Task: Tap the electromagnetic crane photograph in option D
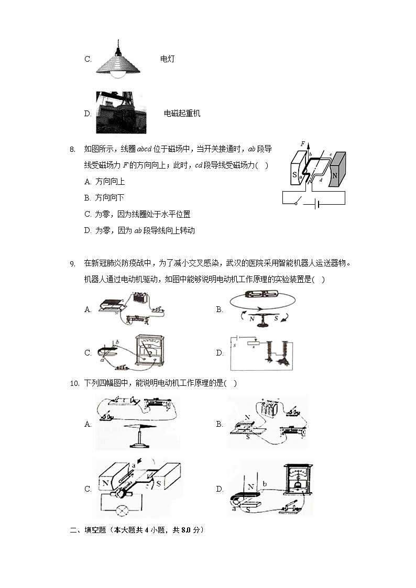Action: click(121, 113)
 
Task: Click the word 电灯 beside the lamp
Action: click(167, 59)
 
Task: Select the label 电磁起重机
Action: click(182, 113)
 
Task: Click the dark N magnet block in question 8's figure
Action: click(335, 169)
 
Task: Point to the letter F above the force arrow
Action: click(303, 143)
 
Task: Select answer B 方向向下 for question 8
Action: click(105, 198)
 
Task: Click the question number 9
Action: click(73, 263)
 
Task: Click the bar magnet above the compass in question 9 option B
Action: click(260, 295)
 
